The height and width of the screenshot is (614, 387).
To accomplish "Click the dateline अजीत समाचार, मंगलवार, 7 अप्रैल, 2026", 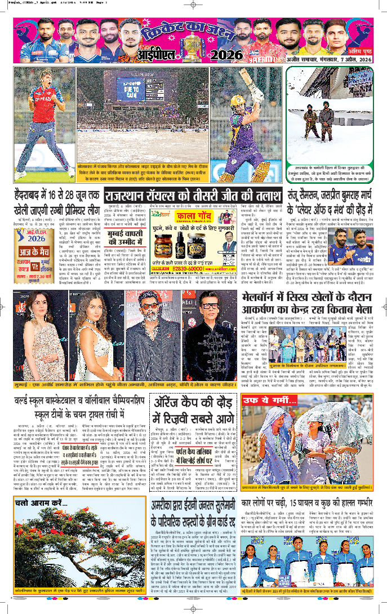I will click(x=332, y=56).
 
